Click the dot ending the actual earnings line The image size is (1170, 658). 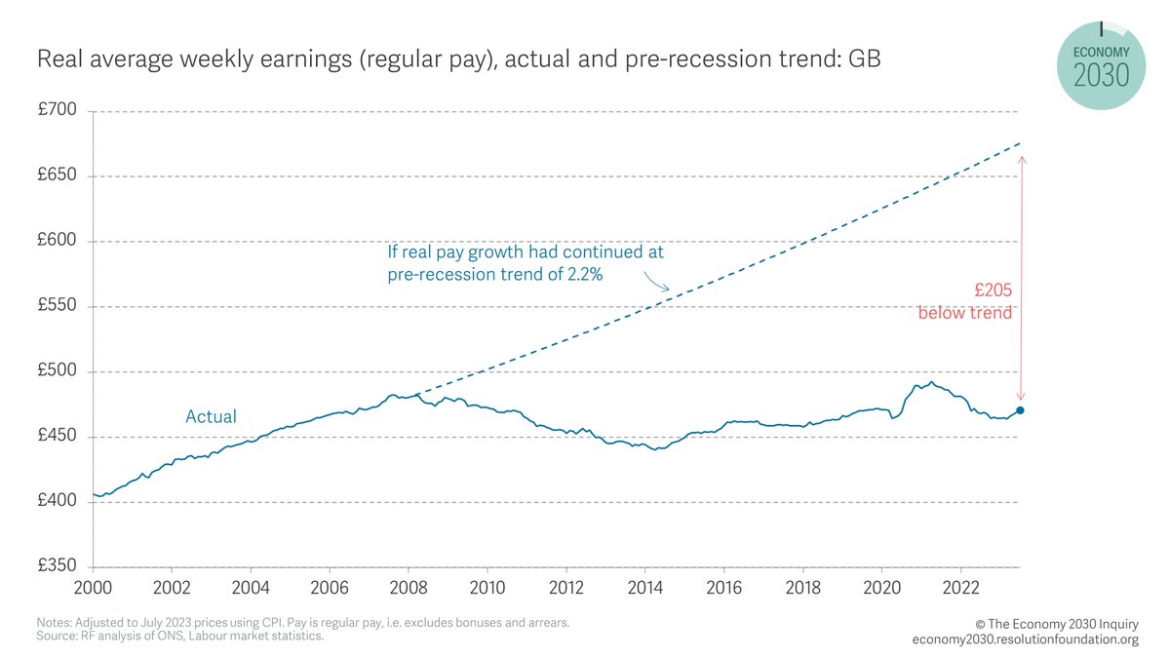point(1020,410)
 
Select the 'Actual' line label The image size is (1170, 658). point(212,417)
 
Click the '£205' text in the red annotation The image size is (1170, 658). point(993,290)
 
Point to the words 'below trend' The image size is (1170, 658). point(964,313)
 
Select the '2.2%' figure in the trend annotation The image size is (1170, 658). point(582,275)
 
